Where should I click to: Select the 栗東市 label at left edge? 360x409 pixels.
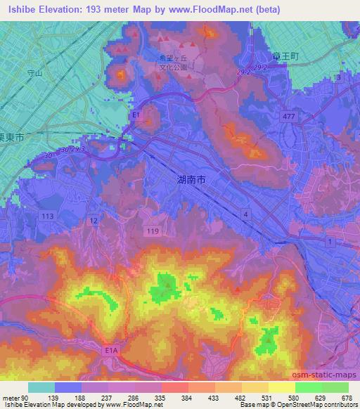[11, 138]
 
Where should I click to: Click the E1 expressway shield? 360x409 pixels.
[136, 114]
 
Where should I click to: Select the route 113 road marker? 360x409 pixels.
[49, 216]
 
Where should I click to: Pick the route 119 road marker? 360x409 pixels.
[150, 229]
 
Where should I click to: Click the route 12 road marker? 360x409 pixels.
[94, 221]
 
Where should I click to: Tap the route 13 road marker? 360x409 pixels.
[340, 77]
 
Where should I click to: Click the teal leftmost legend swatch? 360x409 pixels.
[41, 387]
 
